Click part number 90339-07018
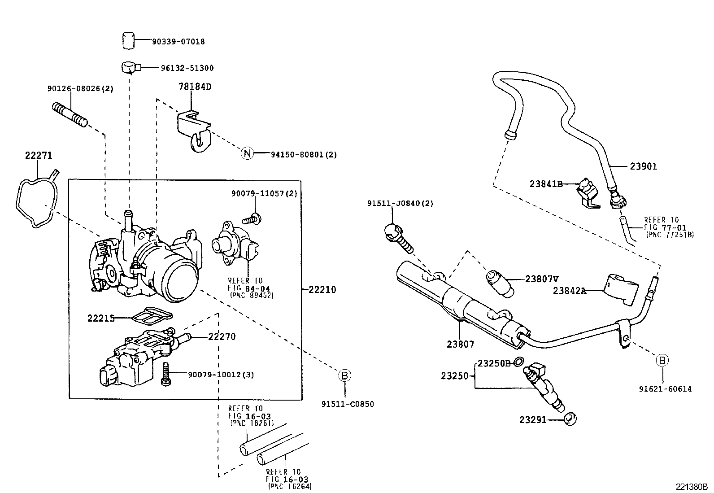[x=178, y=41]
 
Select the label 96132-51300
[x=187, y=68]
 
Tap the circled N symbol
[x=247, y=153]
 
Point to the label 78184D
[x=195, y=87]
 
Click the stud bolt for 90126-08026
[x=70, y=114]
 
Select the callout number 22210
[x=322, y=289]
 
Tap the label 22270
[x=222, y=336]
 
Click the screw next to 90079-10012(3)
[x=165, y=373]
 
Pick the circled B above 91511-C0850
[x=344, y=375]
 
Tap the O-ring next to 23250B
[x=519, y=362]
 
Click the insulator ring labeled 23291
[x=570, y=419]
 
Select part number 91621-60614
[x=665, y=388]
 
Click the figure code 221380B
[x=692, y=486]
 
